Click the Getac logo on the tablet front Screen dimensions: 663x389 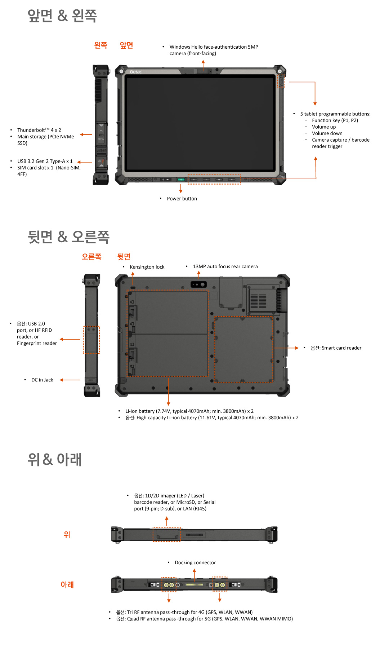click(x=136, y=72)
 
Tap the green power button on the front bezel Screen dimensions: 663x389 click(x=181, y=179)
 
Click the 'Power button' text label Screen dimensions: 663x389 click(x=182, y=199)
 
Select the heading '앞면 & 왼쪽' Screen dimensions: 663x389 click(x=62, y=16)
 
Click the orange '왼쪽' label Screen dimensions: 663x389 click(x=100, y=45)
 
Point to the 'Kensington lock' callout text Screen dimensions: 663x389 click(x=147, y=267)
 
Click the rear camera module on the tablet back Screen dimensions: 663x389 click(x=199, y=284)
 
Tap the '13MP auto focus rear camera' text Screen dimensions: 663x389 click(x=225, y=266)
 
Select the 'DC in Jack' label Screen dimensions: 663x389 click(x=42, y=380)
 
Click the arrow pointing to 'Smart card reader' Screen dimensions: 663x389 click(x=286, y=348)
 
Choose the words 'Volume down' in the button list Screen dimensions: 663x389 click(x=327, y=133)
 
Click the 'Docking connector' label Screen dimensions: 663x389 click(x=195, y=562)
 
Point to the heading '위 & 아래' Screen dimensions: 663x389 click(x=55, y=460)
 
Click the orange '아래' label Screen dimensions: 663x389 click(x=67, y=584)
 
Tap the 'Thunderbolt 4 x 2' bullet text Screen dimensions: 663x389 click(x=39, y=130)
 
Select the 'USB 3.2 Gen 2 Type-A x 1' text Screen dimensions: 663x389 click(x=45, y=161)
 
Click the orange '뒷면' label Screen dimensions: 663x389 click(x=124, y=257)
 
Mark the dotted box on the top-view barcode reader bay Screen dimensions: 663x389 click(x=166, y=534)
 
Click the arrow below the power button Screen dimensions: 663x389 click(x=181, y=189)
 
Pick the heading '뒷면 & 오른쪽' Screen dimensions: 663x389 click(x=68, y=237)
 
